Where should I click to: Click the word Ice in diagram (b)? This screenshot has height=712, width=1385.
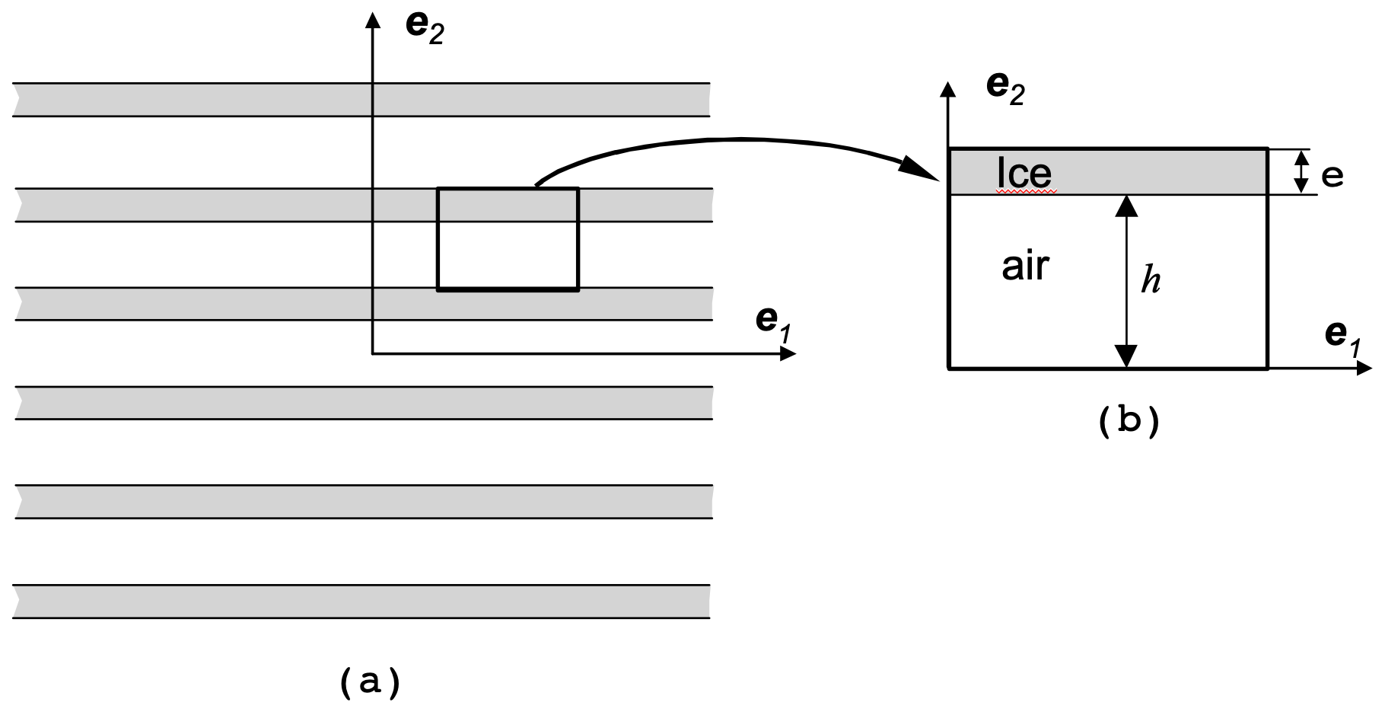1024,173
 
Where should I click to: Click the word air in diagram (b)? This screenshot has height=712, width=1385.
1025,267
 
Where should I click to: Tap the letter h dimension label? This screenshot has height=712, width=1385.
1151,281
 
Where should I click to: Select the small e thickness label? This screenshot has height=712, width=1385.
1332,177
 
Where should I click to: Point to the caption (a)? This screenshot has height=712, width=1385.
369,682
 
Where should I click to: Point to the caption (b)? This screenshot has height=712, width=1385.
1129,422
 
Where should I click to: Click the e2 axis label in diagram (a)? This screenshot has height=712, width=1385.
425,28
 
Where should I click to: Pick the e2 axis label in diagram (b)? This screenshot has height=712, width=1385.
1005,88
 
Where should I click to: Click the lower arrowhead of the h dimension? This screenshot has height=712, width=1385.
1126,356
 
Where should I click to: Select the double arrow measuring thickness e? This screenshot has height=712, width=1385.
1301,171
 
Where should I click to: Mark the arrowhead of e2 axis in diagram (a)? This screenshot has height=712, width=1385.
373,20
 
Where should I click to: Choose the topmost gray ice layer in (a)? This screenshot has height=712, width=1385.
361,100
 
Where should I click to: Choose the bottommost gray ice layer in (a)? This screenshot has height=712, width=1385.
361,601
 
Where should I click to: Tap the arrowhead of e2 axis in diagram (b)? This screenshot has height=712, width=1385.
948,89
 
